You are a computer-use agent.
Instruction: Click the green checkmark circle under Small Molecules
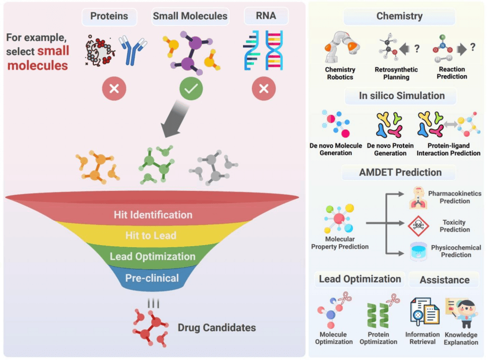(191, 89)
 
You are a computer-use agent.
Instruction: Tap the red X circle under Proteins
(114, 89)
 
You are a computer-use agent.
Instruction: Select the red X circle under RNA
(263, 89)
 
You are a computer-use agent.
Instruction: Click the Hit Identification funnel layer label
(153, 214)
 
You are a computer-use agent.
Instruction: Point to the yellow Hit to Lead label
(151, 235)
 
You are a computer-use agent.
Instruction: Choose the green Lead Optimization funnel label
(152, 256)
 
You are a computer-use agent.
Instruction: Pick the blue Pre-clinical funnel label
(152, 278)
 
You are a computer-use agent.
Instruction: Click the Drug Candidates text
(217, 328)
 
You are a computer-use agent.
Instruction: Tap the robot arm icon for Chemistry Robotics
(339, 49)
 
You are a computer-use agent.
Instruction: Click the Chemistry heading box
(399, 16)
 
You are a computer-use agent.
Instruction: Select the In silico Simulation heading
(401, 95)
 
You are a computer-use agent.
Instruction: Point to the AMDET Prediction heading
(400, 172)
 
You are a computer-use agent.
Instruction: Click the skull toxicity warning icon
(418, 225)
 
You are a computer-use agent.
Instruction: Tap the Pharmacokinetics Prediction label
(455, 197)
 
